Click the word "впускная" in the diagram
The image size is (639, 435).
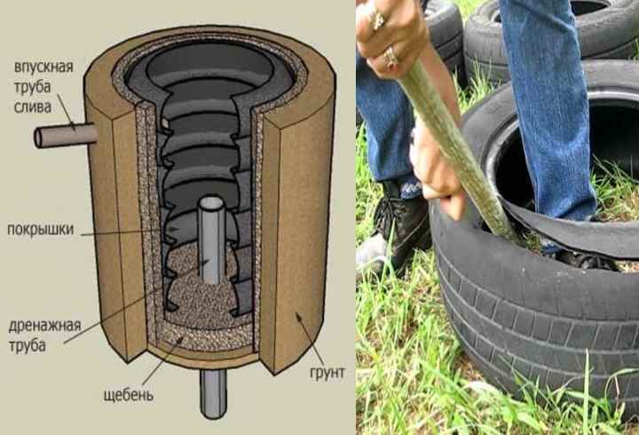tap(43, 67)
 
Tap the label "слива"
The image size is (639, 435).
tap(33, 107)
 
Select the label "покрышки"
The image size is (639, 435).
tap(41, 230)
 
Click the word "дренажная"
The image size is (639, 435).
tap(45, 326)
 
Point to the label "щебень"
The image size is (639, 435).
tap(129, 395)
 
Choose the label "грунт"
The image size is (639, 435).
tap(327, 373)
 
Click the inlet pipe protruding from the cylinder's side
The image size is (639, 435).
tap(65, 136)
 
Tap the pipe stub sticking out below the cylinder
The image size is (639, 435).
tap(213, 394)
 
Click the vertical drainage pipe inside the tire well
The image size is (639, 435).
tap(211, 240)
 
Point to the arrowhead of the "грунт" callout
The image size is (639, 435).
tap(298, 316)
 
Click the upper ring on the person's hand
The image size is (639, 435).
tap(377, 19)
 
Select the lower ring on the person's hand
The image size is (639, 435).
tap(390, 58)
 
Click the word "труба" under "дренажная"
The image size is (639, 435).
tap(28, 346)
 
